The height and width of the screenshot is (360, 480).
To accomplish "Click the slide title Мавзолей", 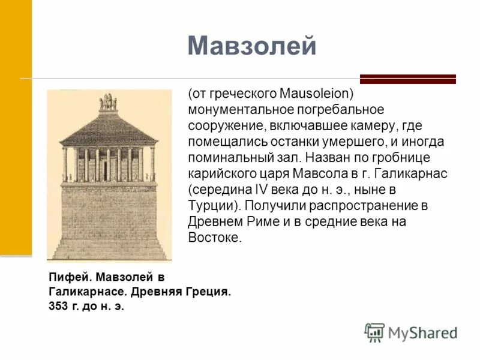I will (x=251, y=46).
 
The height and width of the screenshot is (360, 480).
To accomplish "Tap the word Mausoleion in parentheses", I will (x=315, y=94).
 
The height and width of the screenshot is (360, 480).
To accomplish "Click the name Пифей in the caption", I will (x=64, y=277).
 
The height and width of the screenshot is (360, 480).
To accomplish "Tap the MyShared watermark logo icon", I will (x=374, y=332).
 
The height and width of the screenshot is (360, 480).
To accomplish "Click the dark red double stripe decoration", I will (x=407, y=79).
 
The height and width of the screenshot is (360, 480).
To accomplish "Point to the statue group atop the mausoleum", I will (x=108, y=103).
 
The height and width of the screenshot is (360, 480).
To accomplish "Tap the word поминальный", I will (x=225, y=158).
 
